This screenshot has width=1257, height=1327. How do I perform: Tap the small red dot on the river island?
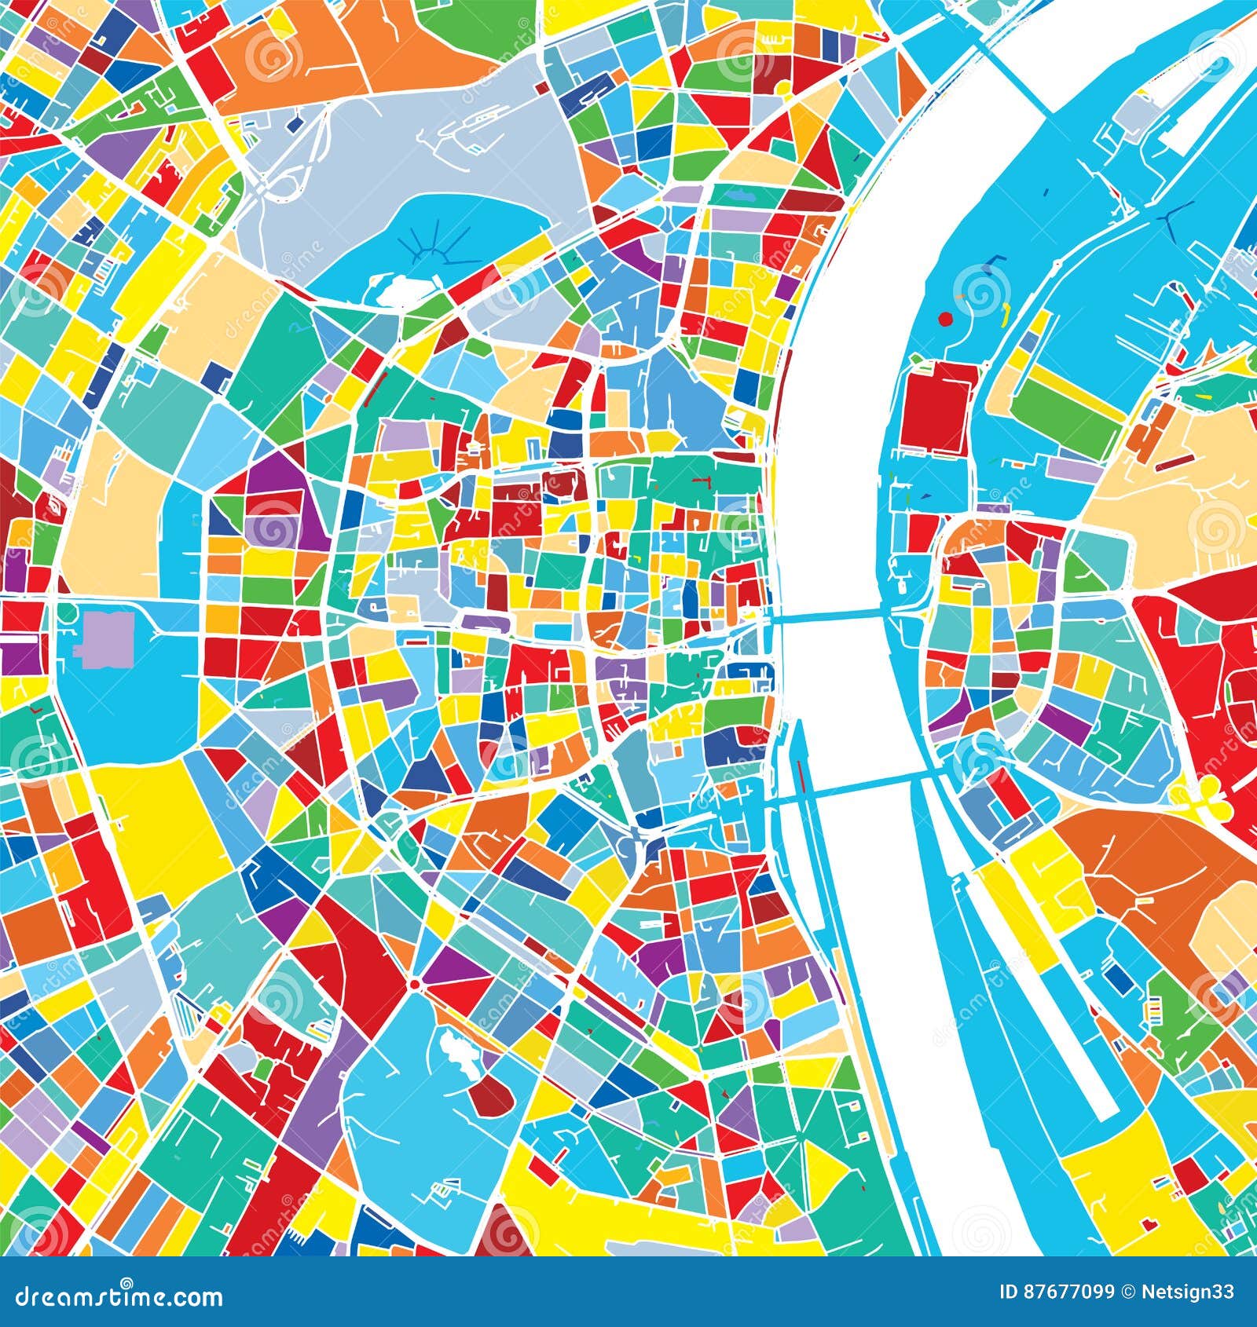pyautogui.click(x=945, y=319)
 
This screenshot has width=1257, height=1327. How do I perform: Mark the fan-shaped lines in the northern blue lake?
pyautogui.click(x=435, y=248)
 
